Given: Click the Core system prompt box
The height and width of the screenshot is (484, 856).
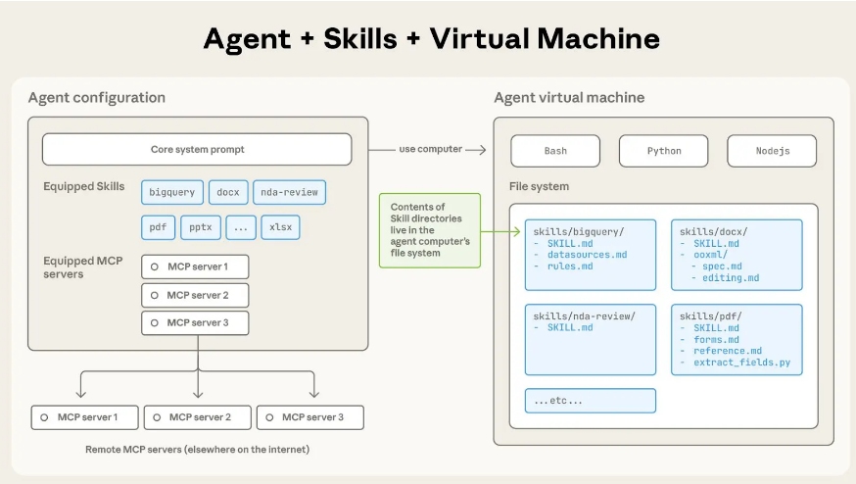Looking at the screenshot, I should point(197,150).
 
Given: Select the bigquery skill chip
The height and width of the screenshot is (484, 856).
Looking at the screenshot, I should point(172,192).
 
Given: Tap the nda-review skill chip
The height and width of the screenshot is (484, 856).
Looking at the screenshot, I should point(289,192).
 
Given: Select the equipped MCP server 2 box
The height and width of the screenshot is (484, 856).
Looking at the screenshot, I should point(196,295).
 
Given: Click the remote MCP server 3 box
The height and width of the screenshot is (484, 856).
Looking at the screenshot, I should point(309,417).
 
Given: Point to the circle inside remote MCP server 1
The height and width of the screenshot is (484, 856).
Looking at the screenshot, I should point(44,417).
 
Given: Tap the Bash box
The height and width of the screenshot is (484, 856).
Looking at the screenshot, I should point(555,151).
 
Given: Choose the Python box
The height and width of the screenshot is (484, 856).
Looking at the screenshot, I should point(663,151).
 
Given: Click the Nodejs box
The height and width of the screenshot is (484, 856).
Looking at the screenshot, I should point(771,151).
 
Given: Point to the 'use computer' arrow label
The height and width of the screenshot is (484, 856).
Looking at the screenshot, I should point(428,149).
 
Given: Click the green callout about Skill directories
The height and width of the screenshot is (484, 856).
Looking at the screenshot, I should point(430,230).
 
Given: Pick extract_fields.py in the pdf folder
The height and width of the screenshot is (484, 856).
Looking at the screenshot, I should point(740,363).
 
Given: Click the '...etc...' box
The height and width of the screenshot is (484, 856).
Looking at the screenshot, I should point(590,401).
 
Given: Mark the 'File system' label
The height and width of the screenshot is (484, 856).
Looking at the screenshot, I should point(539,186).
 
